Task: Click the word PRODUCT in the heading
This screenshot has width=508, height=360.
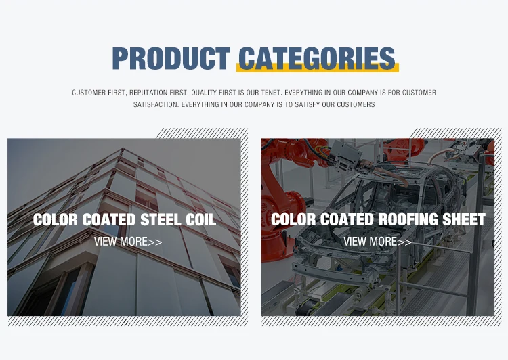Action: [x=171, y=58]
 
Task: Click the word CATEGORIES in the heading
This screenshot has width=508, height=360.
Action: [x=317, y=58]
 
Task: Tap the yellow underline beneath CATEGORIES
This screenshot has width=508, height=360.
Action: [x=318, y=68]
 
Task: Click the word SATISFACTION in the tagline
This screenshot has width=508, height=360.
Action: [x=156, y=105]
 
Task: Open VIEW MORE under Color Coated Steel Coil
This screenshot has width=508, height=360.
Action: [x=128, y=242]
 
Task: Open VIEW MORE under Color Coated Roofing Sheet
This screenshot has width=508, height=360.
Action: [x=377, y=242]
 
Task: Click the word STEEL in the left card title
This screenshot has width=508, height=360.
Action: [x=161, y=220]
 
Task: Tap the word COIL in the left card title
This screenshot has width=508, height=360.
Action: [x=201, y=220]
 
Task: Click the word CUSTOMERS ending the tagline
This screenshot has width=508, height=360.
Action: [x=356, y=105]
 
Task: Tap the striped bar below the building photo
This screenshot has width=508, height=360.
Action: [x=128, y=321]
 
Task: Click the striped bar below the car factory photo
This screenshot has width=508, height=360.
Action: [x=381, y=321]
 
